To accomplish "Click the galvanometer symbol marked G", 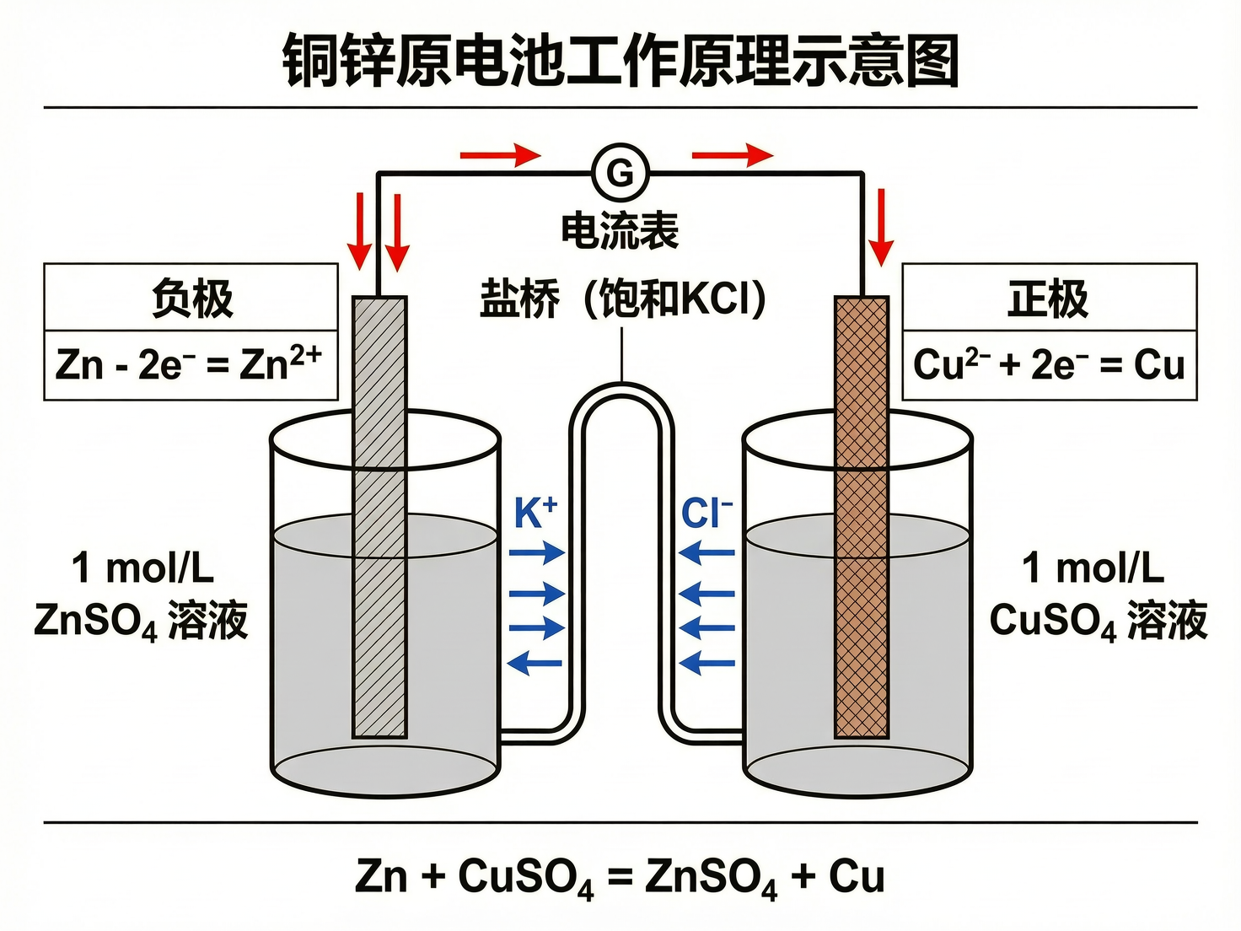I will pyautogui.click(x=620, y=173).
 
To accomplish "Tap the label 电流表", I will pyautogui.click(x=620, y=230).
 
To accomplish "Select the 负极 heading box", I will pyautogui.click(x=191, y=298).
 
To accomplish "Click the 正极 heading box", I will pyautogui.click(x=1049, y=298).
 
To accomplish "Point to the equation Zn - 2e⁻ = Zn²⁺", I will pyautogui.click(x=189, y=365).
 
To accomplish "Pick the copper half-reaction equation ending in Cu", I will pyautogui.click(x=1049, y=365).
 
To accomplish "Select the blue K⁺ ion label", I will pyautogui.click(x=535, y=512).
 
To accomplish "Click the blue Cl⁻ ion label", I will pyautogui.click(x=706, y=512).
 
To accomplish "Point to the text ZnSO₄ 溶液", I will pyautogui.click(x=141, y=622).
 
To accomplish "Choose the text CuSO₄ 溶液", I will pyautogui.click(x=1098, y=622).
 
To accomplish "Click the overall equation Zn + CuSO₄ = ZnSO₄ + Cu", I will pyautogui.click(x=620, y=876).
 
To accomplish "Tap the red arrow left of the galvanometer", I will pyautogui.click(x=500, y=155).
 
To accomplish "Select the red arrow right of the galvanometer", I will pyautogui.click(x=732, y=155).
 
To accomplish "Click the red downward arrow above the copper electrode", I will pyautogui.click(x=881, y=227).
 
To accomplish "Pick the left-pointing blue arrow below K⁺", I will pyautogui.click(x=535, y=663).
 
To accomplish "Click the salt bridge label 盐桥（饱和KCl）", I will pyautogui.click(x=622, y=298).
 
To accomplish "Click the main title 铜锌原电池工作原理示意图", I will pyautogui.click(x=620, y=61).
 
